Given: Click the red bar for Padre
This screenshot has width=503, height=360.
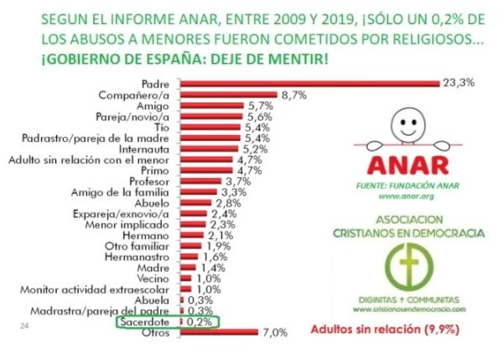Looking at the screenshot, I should click(311, 82).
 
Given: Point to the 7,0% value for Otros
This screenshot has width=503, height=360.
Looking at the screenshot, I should click(275, 332).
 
